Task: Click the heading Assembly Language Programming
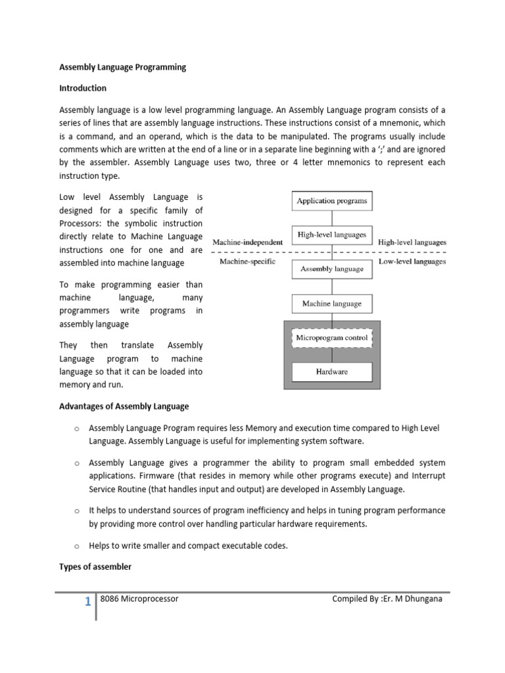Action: tap(123, 67)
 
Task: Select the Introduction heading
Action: tap(83, 88)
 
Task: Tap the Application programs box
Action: tap(332, 200)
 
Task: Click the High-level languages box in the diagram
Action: tap(332, 235)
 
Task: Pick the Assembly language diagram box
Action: tap(332, 269)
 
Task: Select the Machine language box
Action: tap(332, 304)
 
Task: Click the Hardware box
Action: tap(332, 372)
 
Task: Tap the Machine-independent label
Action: tap(247, 243)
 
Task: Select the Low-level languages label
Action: tap(412, 262)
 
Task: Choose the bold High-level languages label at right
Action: tap(412, 243)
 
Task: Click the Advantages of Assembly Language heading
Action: tap(124, 406)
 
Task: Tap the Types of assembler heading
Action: tap(95, 567)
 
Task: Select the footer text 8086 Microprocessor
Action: tap(139, 599)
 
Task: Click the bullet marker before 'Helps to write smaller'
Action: tap(77, 546)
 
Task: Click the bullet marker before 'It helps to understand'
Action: tap(77, 511)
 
